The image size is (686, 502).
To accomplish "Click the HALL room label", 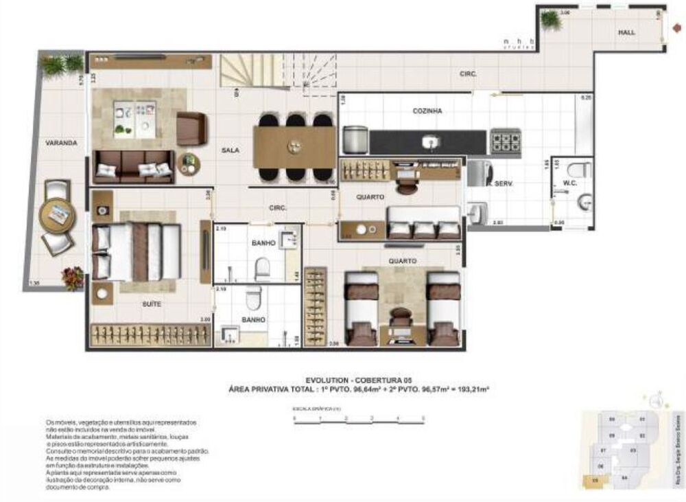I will [626, 32].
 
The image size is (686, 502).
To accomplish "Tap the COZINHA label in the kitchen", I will [427, 111].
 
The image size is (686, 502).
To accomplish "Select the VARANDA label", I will [61, 144].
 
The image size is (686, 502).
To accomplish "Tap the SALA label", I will [230, 150].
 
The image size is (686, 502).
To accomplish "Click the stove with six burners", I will [505, 141].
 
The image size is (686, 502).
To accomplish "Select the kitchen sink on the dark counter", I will [430, 142].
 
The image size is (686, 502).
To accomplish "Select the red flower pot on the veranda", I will [72, 277].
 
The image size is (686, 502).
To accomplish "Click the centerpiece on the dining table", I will [294, 146].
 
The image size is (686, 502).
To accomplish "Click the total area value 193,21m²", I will [471, 388].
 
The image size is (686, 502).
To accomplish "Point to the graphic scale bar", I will [358, 418].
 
